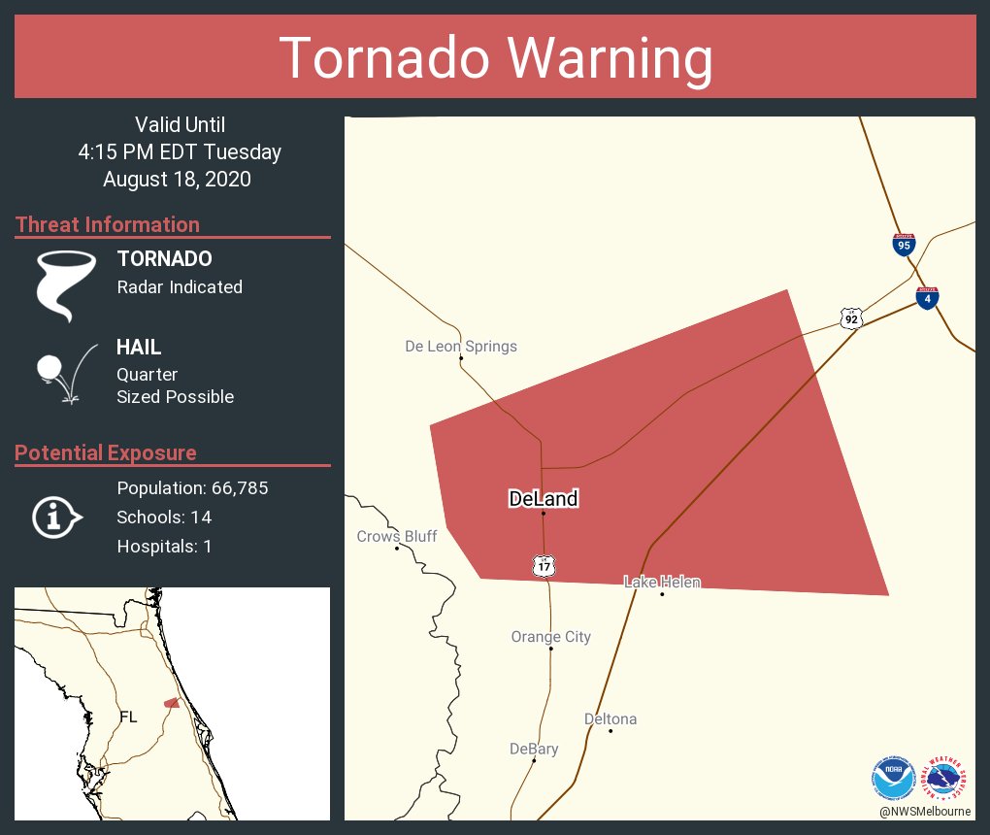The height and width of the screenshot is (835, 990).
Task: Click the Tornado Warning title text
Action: click(495, 58)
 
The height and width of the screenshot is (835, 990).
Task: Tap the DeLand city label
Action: click(543, 499)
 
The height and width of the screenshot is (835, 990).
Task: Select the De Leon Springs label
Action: click(461, 346)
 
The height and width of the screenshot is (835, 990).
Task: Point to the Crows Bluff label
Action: click(397, 536)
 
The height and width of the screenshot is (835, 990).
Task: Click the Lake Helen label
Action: click(662, 582)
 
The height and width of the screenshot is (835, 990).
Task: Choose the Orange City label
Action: click(550, 637)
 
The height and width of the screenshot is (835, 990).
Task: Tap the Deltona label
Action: click(610, 718)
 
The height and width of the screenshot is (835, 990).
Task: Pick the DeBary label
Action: click(534, 749)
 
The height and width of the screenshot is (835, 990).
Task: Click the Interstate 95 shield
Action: click(904, 244)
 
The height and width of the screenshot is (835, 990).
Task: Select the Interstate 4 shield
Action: click(927, 298)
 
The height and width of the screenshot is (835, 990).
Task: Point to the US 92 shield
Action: click(851, 318)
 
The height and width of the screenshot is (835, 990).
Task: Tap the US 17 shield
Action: click(543, 565)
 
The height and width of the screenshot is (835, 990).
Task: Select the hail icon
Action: click(64, 374)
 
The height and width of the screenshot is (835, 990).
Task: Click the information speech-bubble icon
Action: click(56, 517)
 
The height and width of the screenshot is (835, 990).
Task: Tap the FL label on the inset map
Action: click(128, 717)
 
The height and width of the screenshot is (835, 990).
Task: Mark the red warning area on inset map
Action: click(171, 702)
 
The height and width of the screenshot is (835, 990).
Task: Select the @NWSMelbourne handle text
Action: click(925, 811)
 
